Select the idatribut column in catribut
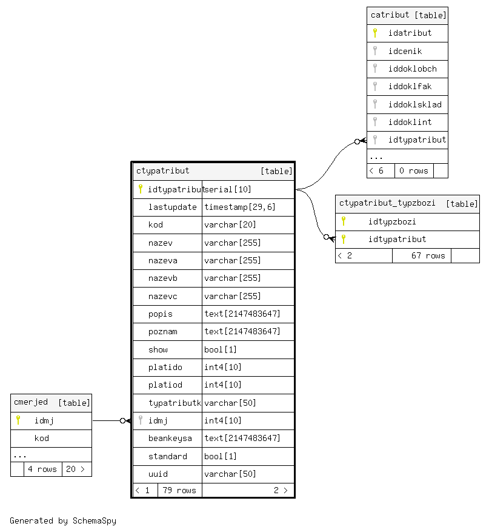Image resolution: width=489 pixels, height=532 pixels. pos(410,33)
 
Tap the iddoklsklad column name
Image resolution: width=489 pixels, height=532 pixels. pos(414,104)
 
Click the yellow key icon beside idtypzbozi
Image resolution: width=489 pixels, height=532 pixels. pos(344,221)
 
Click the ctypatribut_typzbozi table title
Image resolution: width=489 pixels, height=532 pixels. pos(387,203)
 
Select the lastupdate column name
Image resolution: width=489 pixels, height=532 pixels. pos(172,207)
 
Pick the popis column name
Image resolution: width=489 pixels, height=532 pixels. pos(161,314)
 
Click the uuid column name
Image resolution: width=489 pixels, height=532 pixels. pos(158,474)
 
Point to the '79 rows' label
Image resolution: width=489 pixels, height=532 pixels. pos(179,490)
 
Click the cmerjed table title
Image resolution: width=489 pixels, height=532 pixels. pos(31,402)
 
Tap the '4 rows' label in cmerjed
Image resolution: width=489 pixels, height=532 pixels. pos(42,469)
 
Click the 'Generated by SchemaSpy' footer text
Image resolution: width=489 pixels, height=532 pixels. pos(63,520)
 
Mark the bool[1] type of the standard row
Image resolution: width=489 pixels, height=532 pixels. pos(221,456)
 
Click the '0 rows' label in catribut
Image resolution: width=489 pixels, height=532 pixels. pos(413,170)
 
